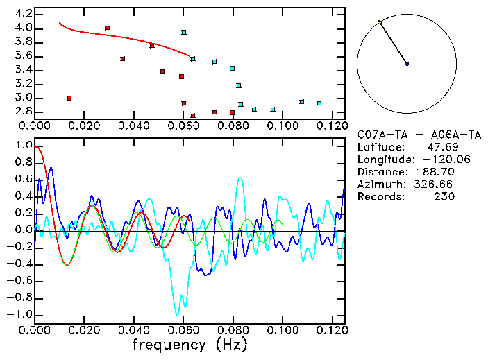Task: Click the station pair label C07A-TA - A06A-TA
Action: tap(419, 135)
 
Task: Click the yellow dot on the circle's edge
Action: tap(379, 23)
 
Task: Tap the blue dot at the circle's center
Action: tap(407, 64)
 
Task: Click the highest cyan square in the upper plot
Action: tap(184, 32)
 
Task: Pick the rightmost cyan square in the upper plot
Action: tap(319, 103)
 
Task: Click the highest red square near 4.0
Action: tap(107, 28)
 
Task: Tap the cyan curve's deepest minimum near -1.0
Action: tap(178, 314)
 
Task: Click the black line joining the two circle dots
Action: tap(393, 43)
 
